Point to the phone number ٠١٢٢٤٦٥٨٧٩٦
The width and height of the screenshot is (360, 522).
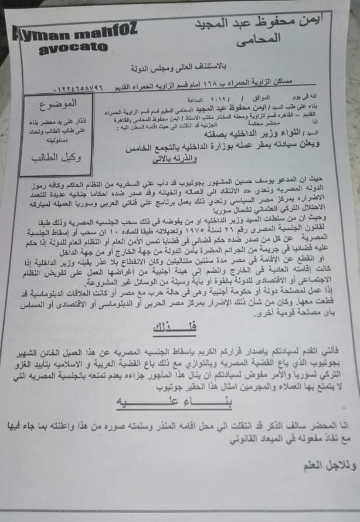click(x=81, y=89)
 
